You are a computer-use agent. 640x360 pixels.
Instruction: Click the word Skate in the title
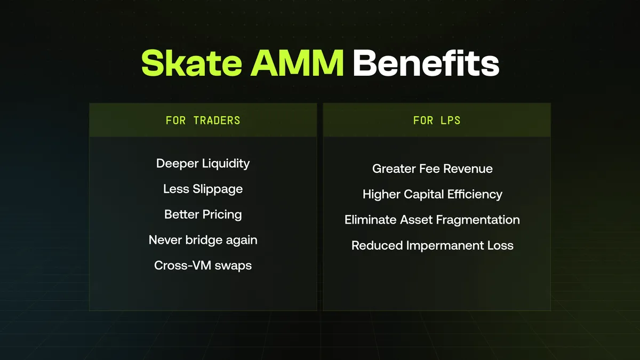191,63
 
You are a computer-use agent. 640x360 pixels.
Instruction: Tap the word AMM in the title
297,63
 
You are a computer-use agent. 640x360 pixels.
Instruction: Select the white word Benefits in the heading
426,63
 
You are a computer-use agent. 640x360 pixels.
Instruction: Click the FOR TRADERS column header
203,121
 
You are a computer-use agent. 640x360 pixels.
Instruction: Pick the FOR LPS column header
437,121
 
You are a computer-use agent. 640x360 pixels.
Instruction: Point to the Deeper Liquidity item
203,164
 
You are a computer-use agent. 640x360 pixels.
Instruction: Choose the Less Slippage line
203,189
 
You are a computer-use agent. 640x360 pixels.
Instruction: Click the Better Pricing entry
203,214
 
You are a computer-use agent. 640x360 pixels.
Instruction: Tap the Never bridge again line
203,240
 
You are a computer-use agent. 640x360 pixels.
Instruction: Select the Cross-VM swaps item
203,266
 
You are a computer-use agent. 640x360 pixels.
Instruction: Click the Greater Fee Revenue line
433,169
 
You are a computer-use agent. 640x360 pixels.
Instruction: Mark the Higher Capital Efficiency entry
433,194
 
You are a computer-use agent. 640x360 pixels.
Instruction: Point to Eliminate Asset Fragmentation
432,220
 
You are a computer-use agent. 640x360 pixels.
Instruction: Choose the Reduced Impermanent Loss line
433,245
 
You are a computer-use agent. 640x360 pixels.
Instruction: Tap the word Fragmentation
478,220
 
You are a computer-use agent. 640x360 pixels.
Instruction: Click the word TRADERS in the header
217,121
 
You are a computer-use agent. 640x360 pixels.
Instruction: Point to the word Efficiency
475,195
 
